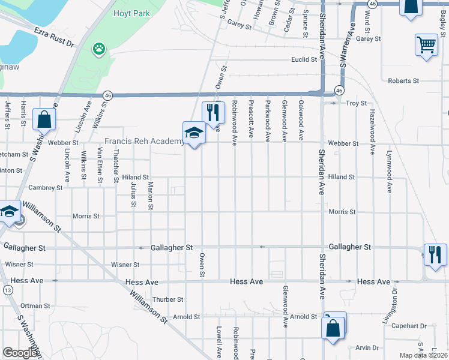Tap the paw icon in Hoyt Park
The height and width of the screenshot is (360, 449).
click(98, 49)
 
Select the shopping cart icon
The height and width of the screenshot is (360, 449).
click(426, 44)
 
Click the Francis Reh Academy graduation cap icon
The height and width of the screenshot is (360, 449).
click(194, 133)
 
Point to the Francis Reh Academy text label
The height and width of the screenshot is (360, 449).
click(144, 142)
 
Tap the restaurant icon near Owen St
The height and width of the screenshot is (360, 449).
click(212, 112)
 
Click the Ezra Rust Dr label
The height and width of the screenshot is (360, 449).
click(54, 37)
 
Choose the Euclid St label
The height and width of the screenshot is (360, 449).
click(304, 59)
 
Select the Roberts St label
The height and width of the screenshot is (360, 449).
click(403, 80)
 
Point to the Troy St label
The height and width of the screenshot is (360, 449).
click(356, 103)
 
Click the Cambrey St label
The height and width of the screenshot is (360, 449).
click(46, 188)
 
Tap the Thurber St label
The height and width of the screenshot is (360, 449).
click(167, 299)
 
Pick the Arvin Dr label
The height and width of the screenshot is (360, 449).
click(367, 347)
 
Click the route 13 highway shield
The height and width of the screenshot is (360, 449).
click(8, 290)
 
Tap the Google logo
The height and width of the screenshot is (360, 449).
click(20, 353)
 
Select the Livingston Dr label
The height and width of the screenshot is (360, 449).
click(395, 302)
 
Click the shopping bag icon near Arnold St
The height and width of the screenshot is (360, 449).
click(333, 329)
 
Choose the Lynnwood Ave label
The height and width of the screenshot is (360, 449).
click(389, 171)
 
